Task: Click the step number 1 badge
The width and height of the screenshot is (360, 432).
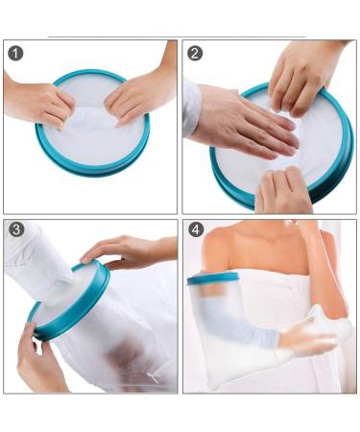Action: (x=15, y=53)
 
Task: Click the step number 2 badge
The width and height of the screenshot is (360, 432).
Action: (x=195, y=53)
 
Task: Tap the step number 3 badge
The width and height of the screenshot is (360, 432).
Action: (x=16, y=229)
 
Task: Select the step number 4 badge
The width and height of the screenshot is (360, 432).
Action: (x=196, y=229)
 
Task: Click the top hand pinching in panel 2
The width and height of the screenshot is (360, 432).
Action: (x=300, y=74)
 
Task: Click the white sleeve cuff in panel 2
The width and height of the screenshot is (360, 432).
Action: (x=191, y=108)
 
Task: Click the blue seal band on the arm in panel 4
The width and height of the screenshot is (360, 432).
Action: (x=213, y=278)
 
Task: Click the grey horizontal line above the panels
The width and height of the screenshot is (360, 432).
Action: (x=177, y=37)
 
